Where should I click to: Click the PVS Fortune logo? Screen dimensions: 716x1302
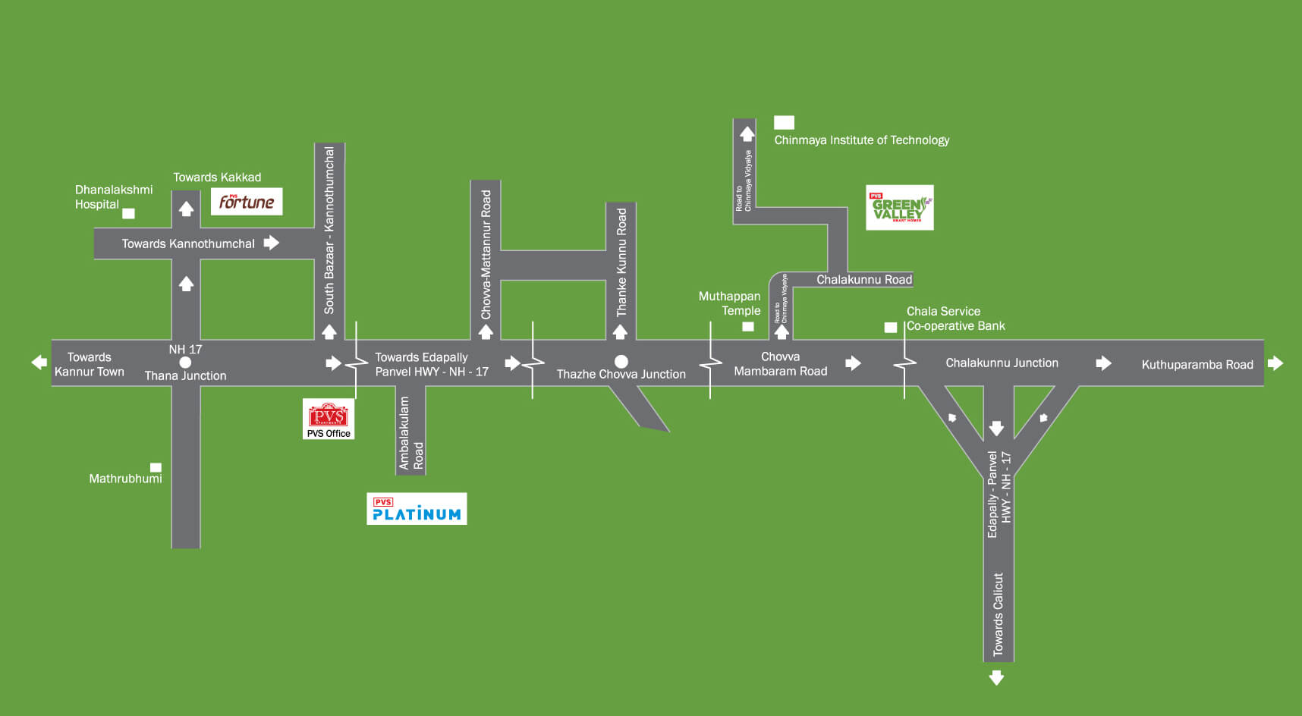(x=247, y=202)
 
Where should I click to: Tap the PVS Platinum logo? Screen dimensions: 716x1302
(x=417, y=509)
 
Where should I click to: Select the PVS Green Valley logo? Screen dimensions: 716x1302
(x=900, y=208)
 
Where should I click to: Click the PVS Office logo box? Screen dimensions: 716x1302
(x=329, y=419)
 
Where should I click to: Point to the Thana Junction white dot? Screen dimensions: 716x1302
(x=185, y=363)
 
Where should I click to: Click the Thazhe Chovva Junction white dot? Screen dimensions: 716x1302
(x=621, y=361)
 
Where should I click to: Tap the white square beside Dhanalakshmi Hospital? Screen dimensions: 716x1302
(x=129, y=214)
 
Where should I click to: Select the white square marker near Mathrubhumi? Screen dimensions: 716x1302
(x=156, y=467)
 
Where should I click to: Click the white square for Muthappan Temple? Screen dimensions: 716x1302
(x=748, y=327)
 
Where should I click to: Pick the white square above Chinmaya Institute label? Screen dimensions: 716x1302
(x=784, y=122)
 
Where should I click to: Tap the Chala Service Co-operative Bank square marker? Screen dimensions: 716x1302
(x=891, y=328)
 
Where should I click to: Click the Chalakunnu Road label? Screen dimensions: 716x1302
(x=864, y=280)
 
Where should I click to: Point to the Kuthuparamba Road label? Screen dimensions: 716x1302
(x=1197, y=365)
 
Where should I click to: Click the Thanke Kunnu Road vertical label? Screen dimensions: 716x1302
(x=621, y=262)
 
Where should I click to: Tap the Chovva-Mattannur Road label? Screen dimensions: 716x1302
(x=486, y=255)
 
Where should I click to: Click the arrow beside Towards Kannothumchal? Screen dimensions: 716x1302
(x=272, y=243)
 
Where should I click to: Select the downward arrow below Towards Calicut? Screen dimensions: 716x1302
(x=997, y=677)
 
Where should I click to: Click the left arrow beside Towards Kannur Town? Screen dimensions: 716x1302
(x=39, y=363)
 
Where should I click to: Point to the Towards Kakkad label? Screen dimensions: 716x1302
(x=217, y=177)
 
